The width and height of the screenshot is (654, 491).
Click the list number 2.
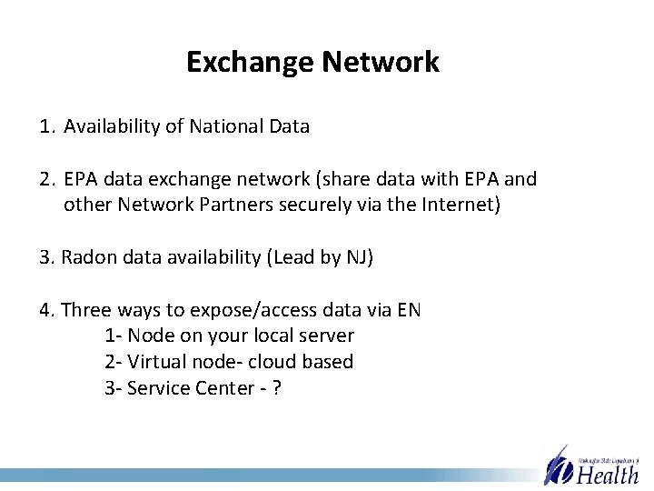46,179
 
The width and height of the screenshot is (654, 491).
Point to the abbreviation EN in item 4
409,310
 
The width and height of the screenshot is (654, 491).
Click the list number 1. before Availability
46,126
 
